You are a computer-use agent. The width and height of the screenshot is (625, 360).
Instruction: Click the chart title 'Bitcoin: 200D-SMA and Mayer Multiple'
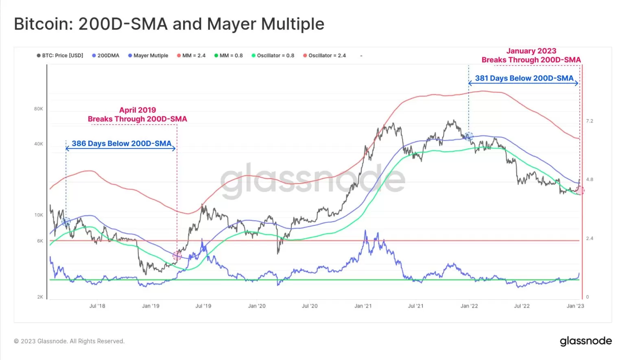169,24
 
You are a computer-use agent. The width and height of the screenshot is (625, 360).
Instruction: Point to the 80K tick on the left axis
39,109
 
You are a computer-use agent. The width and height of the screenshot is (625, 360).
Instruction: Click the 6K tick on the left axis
40,241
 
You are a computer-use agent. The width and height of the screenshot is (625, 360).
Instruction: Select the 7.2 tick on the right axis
590,121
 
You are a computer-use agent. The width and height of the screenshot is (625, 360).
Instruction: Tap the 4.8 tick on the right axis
590,179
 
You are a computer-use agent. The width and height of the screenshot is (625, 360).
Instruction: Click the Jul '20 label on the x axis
310,306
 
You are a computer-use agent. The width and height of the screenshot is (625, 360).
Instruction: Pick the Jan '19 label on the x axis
151,306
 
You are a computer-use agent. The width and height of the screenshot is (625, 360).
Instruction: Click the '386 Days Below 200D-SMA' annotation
121,143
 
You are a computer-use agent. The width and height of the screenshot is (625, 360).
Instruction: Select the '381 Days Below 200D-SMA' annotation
524,78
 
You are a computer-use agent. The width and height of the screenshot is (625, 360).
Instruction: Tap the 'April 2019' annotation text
138,110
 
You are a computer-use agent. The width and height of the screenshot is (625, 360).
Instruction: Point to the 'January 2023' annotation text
531,51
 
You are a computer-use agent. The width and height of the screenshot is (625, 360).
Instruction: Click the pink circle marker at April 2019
177,255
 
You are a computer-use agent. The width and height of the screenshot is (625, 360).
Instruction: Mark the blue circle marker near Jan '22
469,136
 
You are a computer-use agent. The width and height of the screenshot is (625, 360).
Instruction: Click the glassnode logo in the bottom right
586,341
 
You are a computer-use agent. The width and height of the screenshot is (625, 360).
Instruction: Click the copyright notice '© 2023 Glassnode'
69,341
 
